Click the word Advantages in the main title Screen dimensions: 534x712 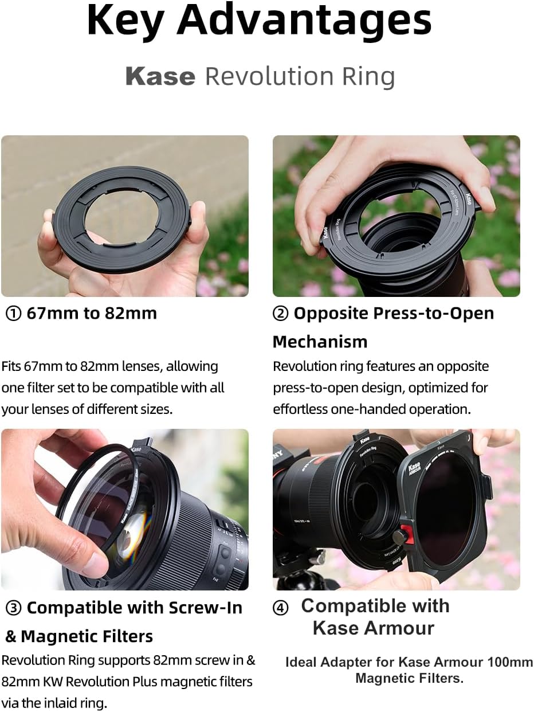tap(304, 21)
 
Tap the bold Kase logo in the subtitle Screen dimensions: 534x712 tap(160, 77)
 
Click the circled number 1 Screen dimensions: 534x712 tap(14, 314)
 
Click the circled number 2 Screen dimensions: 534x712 tap(280, 314)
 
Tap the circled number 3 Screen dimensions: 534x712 tap(14, 608)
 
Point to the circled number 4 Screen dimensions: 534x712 tap(280, 608)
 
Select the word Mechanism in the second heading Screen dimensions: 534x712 tap(320, 342)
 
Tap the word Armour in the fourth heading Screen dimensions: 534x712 tap(399, 628)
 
